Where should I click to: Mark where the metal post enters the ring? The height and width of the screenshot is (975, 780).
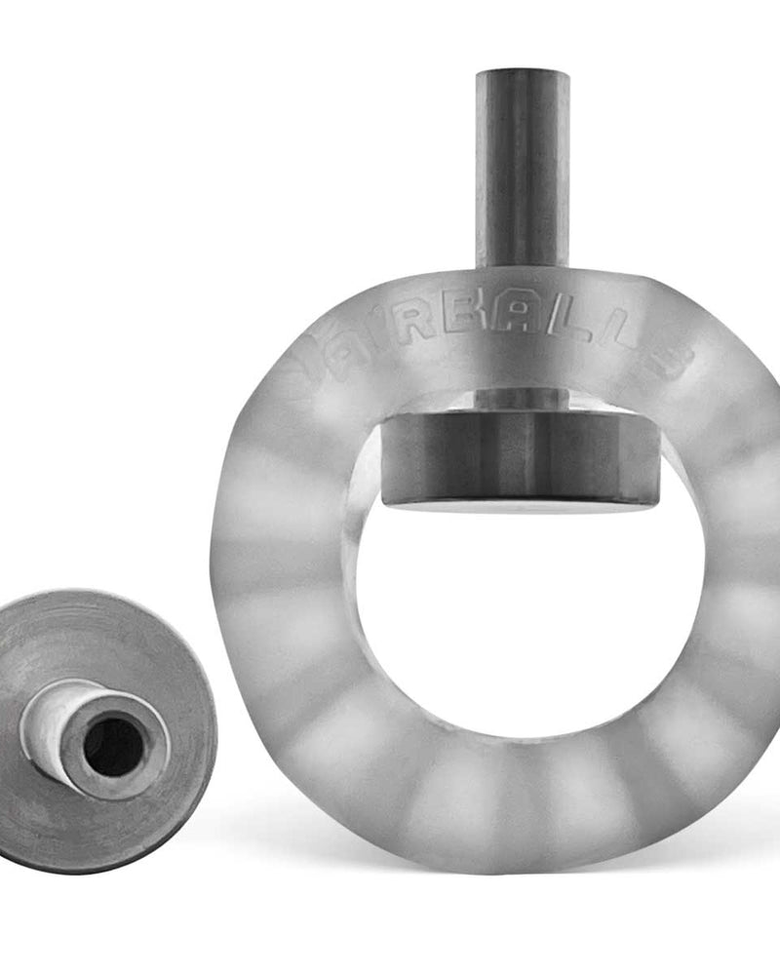(523, 267)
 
